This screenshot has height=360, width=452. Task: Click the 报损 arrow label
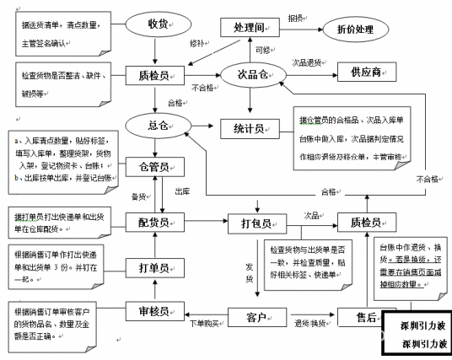295,17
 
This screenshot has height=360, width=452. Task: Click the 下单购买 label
207,324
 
